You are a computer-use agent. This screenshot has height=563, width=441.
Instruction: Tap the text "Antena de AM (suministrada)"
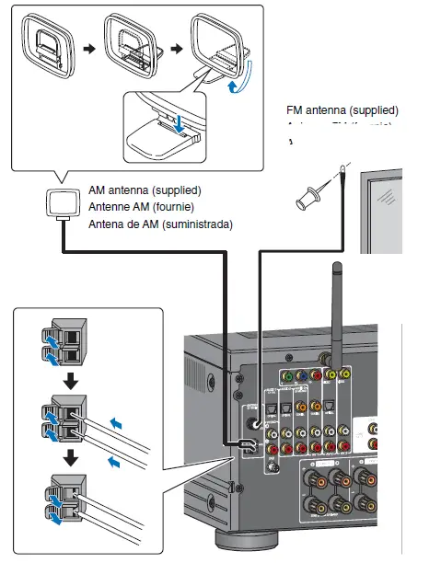(x=160, y=224)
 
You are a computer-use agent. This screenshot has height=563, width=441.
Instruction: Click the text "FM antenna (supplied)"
(x=342, y=110)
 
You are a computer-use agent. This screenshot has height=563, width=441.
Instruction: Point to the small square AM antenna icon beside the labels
(x=64, y=206)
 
